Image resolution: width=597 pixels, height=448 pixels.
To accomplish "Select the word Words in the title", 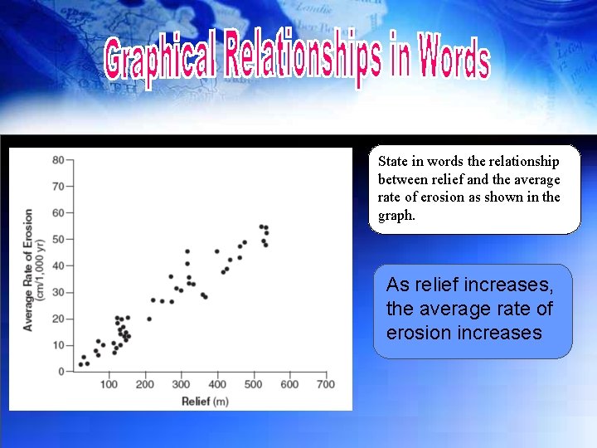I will click(454, 61).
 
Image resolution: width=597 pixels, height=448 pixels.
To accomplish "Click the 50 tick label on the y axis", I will click(57, 239).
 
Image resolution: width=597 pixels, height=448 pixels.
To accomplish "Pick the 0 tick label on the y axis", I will click(61, 372).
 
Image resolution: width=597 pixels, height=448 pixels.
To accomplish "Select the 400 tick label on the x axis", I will click(217, 385).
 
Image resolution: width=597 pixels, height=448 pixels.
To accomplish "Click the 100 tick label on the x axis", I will click(109, 385).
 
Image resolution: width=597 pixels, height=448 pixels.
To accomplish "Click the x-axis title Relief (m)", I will click(205, 402).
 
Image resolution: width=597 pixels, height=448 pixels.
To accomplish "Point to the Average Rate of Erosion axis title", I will click(28, 270).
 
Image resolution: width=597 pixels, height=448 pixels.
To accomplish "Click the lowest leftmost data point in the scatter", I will click(80, 364).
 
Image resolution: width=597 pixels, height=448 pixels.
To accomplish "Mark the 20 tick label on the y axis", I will click(57, 319).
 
